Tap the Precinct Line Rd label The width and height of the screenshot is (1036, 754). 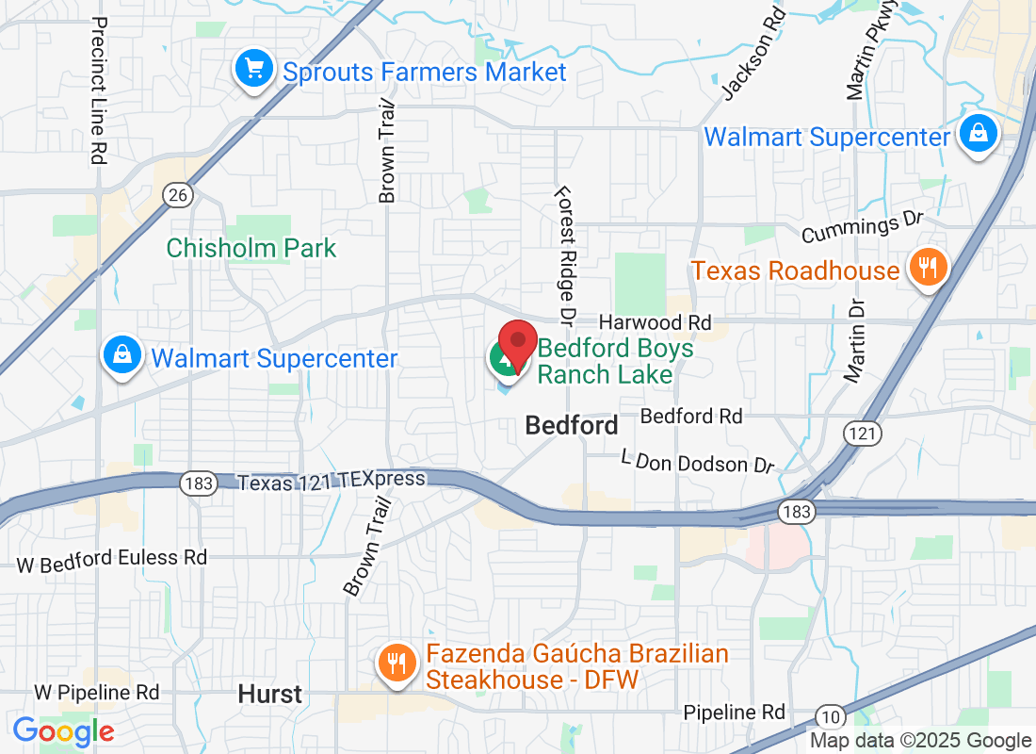[x=98, y=90]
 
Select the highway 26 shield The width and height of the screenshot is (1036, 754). [x=176, y=195]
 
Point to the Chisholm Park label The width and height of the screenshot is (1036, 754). [x=251, y=248]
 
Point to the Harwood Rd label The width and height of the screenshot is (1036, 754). [x=655, y=322]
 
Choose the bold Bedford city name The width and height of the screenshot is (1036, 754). [x=572, y=425]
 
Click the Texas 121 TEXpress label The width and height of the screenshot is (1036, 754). [x=332, y=481]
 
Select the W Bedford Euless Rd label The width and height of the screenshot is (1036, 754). [x=112, y=558]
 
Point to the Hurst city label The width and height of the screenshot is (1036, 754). [x=270, y=695]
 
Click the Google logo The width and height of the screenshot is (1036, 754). [x=64, y=730]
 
